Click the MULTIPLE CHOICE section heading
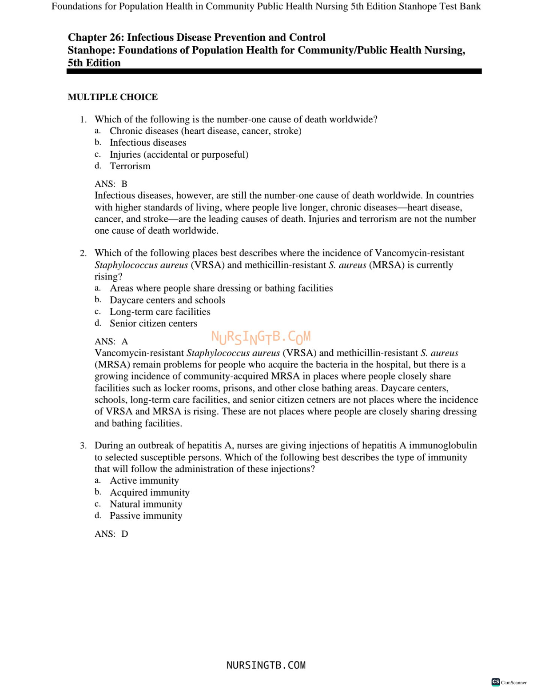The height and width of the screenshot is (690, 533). click(112, 97)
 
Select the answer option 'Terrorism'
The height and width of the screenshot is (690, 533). click(130, 166)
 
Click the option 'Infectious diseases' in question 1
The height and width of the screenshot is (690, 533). click(147, 143)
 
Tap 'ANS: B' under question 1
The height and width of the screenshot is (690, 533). click(111, 184)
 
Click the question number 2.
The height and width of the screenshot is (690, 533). click(83, 253)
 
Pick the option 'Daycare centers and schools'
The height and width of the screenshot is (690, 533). click(167, 300)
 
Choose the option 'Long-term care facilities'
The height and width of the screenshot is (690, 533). click(160, 312)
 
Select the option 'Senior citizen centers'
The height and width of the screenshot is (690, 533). click(153, 323)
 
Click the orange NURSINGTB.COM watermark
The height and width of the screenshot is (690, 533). click(261, 337)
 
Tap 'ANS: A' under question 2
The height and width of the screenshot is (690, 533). click(111, 342)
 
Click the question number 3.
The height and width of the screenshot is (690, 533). click(83, 446)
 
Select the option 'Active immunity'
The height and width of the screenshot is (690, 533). click(144, 481)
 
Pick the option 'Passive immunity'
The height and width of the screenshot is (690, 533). click(146, 516)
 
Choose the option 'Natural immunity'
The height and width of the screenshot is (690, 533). click(146, 504)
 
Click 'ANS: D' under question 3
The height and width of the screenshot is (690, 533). click(111, 534)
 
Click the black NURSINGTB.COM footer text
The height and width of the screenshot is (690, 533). click(266, 665)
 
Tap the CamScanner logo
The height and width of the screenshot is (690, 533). click(509, 682)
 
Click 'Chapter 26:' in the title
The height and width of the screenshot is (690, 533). click(95, 37)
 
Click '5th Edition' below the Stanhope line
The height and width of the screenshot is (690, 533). click(94, 63)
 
